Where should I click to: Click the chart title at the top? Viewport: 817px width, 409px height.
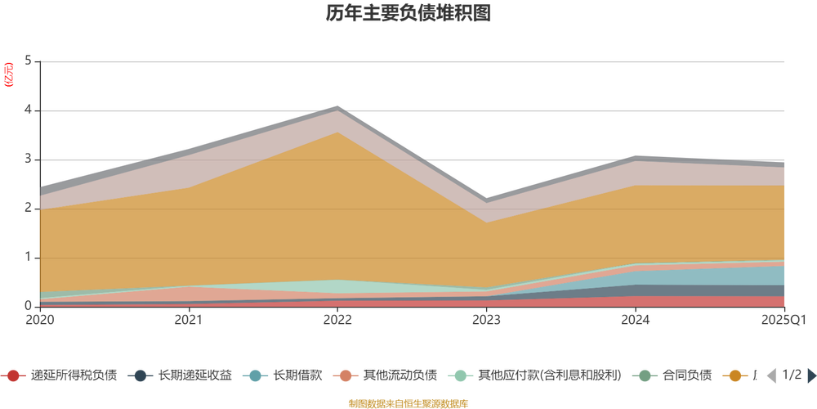point(408,14)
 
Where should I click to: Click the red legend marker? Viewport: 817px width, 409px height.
point(12,376)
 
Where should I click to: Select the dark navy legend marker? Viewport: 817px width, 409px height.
point(141,376)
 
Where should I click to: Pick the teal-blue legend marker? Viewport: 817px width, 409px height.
point(255,376)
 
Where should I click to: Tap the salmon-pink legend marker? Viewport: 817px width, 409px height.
point(346,376)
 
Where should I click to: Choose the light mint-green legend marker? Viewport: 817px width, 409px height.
point(462,376)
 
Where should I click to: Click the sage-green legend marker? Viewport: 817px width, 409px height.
point(645,376)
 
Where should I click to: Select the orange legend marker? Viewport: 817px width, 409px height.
point(735,376)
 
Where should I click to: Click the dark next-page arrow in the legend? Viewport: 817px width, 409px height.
point(810,375)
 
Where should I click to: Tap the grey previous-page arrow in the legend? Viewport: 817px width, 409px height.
point(769,375)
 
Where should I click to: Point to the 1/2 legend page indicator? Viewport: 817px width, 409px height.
point(789,375)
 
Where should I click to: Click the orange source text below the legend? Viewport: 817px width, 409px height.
point(408,402)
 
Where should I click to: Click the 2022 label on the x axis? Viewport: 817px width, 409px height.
point(338,319)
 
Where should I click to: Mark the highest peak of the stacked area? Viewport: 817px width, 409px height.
point(338,106)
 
